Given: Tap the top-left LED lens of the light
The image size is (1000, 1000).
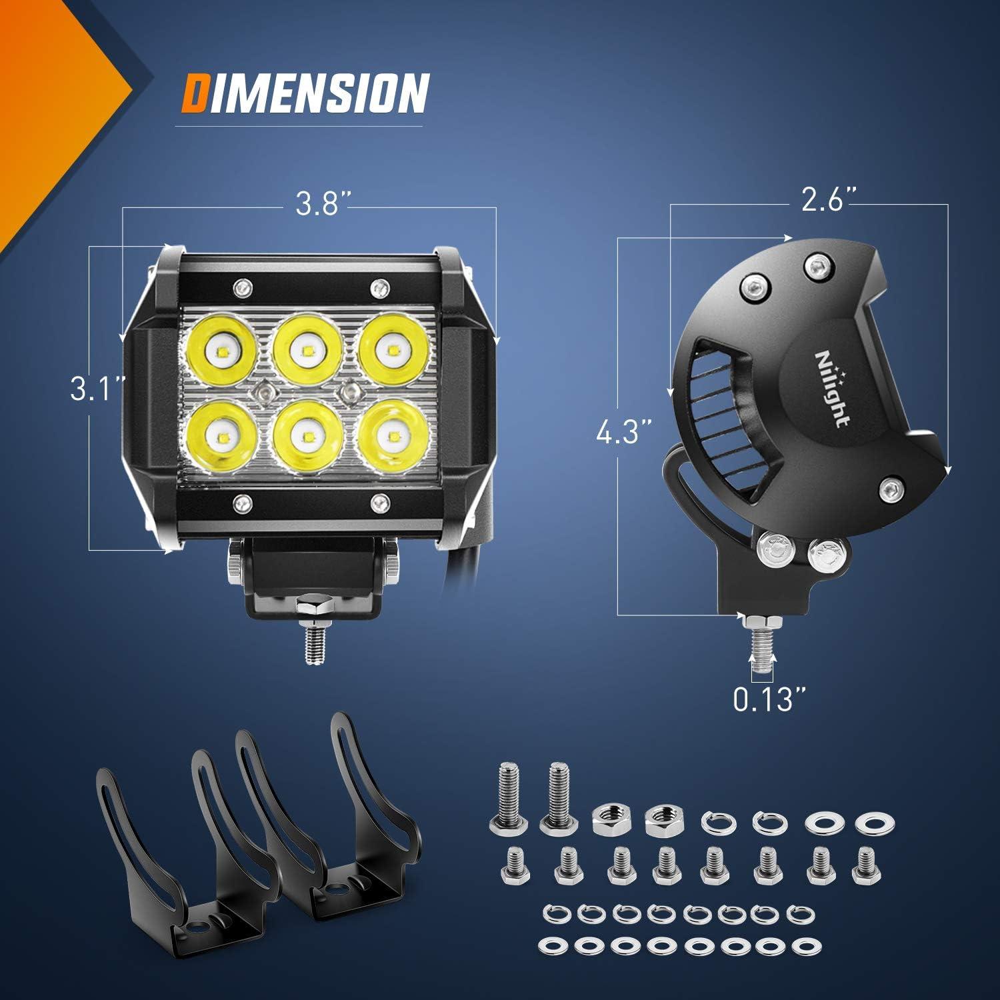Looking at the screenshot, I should click(220, 349).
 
